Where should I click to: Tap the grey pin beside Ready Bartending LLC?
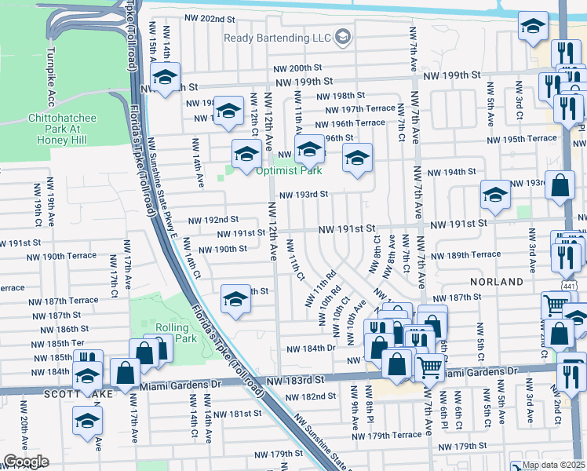pyautogui.click(x=342, y=37)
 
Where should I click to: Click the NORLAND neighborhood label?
pyautogui.click(x=497, y=281)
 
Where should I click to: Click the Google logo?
pyautogui.click(x=26, y=462)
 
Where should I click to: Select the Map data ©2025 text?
pyautogui.click(x=552, y=465)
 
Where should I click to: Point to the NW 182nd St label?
pyautogui.click(x=311, y=396)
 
